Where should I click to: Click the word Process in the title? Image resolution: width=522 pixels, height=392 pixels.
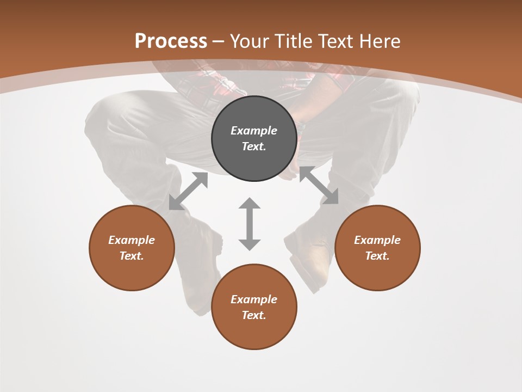(171, 41)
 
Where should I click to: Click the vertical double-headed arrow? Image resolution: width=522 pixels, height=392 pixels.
(250, 224)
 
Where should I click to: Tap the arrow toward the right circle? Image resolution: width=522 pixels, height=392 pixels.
(319, 186)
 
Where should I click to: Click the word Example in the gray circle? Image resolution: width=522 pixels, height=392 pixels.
(254, 131)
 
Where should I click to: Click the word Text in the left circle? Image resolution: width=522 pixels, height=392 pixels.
(131, 256)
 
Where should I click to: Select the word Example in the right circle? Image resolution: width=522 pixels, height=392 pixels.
(377, 240)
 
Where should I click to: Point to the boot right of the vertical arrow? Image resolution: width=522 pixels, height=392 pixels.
(309, 256)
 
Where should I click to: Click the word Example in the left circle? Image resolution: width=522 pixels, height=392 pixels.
(132, 240)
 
